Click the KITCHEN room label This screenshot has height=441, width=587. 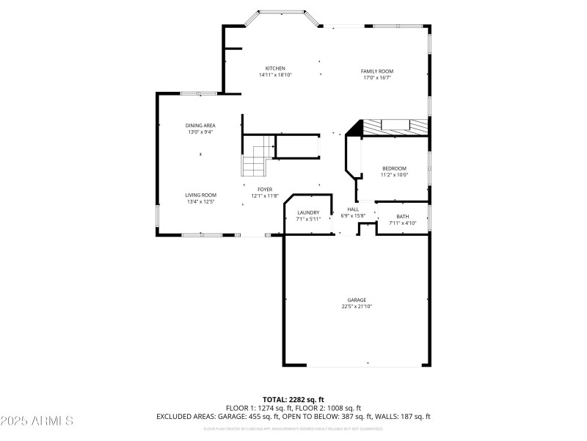point(275,69)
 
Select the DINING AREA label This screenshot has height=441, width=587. point(200,126)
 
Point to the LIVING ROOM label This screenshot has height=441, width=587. point(200,196)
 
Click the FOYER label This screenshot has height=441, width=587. point(265,190)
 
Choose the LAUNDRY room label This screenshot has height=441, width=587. point(308,212)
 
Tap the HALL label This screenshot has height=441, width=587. point(352,209)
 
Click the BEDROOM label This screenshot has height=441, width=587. point(393,169)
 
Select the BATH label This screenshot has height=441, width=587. point(403,217)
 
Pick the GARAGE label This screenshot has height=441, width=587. point(357,300)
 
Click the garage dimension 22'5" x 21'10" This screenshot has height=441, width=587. point(357,306)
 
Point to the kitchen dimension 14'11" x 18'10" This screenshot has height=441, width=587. point(275,75)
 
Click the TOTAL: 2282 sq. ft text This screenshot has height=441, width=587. point(293,399)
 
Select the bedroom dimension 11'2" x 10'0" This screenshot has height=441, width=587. point(393,175)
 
